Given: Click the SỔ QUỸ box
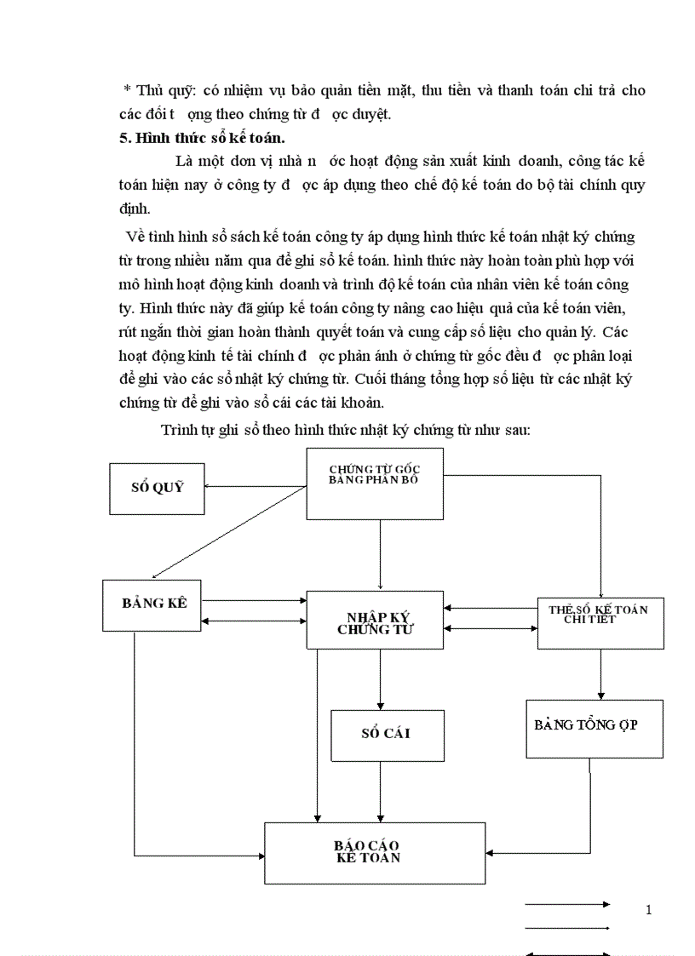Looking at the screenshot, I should tap(157, 489).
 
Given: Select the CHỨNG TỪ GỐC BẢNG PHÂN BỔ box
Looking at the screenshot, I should tap(374, 483).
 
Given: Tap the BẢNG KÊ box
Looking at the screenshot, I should tap(153, 604).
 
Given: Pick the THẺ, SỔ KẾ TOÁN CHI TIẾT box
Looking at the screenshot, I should tap(600, 623).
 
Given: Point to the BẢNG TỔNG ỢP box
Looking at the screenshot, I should tap(594, 728).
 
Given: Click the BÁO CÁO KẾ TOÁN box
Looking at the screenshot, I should tap(374, 852).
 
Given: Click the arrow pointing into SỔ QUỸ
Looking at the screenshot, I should tap(256, 487).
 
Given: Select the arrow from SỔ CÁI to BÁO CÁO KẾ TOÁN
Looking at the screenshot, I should tap(380, 792).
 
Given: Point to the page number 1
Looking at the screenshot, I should tap(648, 910).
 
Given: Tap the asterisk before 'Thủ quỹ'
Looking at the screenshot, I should tap(127, 91).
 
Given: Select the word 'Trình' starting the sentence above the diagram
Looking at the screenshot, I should tap(177, 430).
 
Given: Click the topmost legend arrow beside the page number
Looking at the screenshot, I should tap(567, 903).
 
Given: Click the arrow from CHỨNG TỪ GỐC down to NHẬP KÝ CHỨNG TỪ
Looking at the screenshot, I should tap(380, 553).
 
